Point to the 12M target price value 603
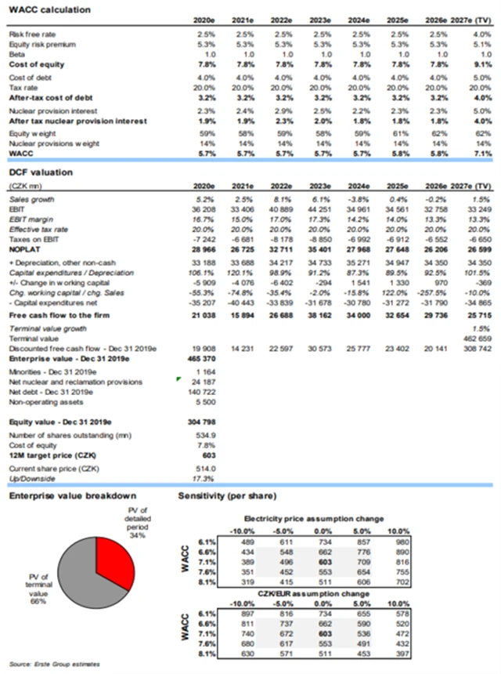(207, 455)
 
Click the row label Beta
(16, 55)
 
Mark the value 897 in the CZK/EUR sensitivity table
(244, 613)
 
